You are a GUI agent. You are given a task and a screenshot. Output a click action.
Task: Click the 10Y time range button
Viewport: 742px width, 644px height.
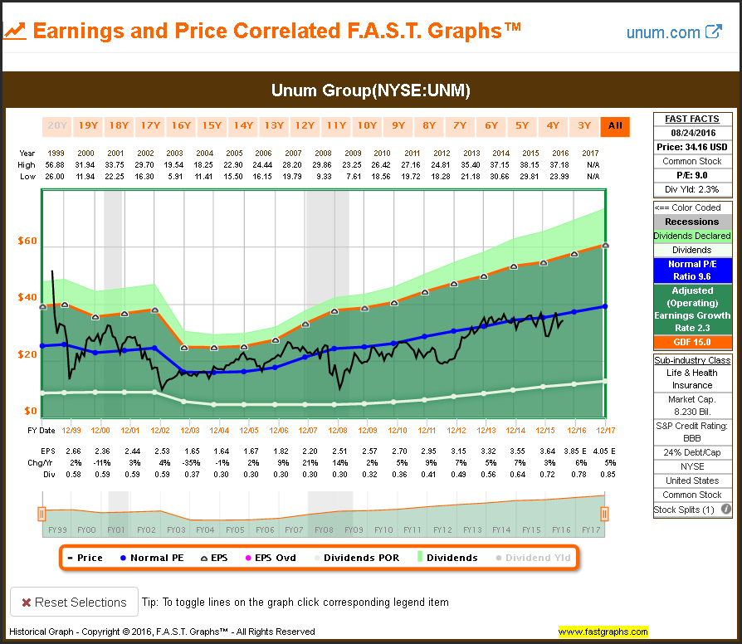point(367,126)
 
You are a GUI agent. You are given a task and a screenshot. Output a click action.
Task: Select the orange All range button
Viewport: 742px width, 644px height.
point(615,126)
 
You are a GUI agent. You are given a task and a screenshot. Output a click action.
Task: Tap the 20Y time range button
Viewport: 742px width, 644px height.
point(56,126)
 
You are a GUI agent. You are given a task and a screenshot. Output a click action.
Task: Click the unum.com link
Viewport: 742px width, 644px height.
point(674,32)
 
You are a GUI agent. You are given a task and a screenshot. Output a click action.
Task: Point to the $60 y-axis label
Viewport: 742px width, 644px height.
point(27,242)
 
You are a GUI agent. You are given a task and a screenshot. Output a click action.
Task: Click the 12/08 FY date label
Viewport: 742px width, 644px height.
point(338,430)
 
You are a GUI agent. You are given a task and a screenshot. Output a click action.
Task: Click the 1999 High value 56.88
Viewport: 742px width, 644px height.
point(56,164)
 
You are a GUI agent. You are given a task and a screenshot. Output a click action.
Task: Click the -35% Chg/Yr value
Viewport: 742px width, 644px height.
point(175,461)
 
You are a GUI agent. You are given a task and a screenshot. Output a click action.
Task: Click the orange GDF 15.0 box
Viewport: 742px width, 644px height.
point(692,342)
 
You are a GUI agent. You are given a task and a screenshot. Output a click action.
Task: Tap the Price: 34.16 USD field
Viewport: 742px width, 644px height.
point(692,147)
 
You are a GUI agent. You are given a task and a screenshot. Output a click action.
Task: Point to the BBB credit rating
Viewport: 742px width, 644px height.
point(692,439)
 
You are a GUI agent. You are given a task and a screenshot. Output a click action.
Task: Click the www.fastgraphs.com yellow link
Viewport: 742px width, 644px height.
point(603,632)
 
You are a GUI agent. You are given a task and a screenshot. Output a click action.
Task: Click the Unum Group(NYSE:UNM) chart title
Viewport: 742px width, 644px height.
point(371,90)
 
